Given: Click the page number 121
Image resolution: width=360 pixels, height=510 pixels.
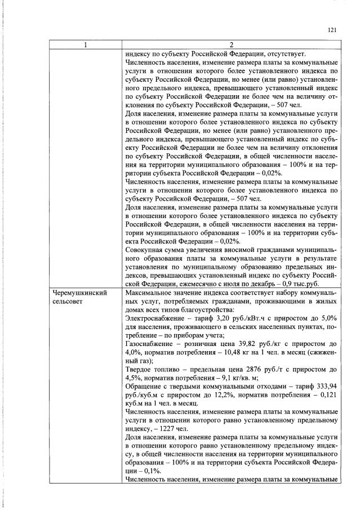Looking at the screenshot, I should click(331, 32).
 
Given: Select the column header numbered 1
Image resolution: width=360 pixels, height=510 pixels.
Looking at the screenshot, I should click(85, 46).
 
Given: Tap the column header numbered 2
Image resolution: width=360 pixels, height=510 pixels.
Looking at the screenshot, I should click(230, 46).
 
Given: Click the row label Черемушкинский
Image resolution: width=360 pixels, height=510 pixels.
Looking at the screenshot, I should click(79, 293).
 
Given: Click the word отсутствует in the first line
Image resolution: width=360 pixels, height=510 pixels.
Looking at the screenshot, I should click(285, 55).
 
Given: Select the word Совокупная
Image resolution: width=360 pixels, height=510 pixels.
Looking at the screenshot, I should click(145, 250).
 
